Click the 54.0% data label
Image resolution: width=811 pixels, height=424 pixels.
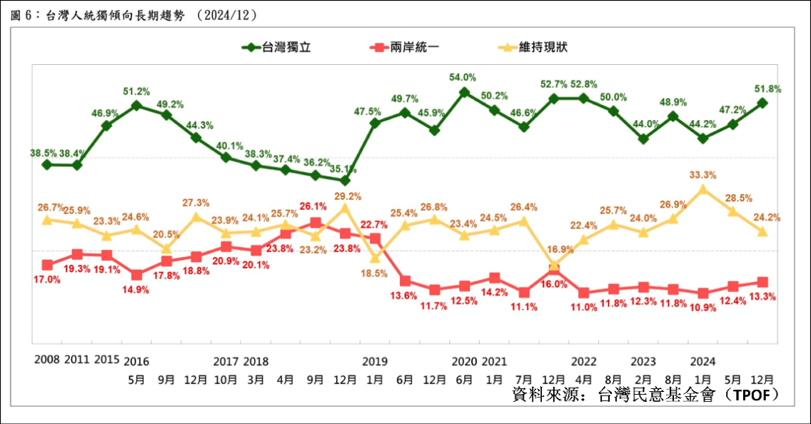463,77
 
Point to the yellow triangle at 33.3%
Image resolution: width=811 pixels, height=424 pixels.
703,189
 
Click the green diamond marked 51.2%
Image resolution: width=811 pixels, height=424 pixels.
136,106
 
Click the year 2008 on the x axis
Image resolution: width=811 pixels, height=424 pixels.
47,360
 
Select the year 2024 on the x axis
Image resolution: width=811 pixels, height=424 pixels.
702,360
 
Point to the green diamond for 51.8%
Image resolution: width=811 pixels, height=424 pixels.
762,103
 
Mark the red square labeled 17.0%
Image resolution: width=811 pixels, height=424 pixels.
47,265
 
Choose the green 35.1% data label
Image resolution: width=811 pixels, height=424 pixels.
344,169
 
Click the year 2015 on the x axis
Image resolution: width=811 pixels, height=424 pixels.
107,360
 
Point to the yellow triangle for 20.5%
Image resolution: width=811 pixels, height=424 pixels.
166,248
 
